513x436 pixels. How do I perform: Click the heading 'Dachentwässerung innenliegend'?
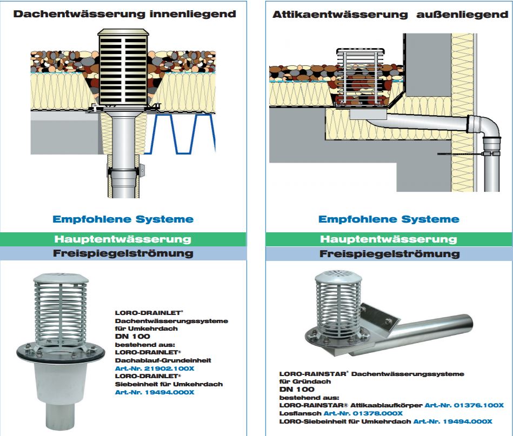coord(125,14)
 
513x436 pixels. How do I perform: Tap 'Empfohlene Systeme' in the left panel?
coord(123,219)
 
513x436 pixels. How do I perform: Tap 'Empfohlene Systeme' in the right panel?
coord(389,219)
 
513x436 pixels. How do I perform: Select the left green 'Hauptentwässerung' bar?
coord(123,239)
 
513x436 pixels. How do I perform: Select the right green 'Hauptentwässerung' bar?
coord(389,239)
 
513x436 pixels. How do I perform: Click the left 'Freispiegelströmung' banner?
coord(123,253)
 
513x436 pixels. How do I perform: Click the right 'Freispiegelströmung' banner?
coord(389,253)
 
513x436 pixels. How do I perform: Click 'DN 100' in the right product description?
coord(296,389)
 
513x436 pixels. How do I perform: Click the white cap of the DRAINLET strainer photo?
coord(59,280)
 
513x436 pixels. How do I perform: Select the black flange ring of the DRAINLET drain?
coord(59,354)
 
